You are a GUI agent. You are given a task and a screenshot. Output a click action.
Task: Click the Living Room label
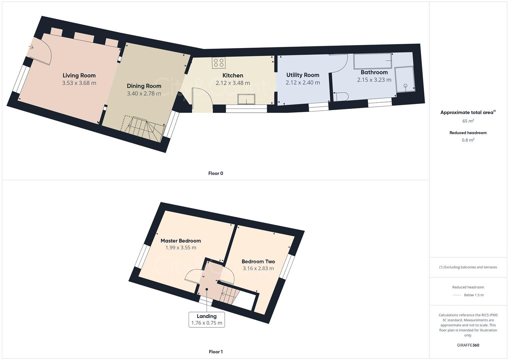79,76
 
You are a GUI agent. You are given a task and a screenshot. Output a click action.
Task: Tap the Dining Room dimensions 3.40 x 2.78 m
144,94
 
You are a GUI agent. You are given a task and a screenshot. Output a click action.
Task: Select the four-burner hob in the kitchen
218,63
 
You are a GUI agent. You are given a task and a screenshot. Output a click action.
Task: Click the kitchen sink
246,99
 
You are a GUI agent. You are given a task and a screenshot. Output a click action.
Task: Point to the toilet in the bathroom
341,97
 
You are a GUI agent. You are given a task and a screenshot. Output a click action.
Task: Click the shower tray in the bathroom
405,79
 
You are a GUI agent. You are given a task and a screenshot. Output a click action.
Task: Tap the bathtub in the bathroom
372,61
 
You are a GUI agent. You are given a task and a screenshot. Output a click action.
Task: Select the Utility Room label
303,75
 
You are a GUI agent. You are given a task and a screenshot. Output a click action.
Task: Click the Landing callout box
207,320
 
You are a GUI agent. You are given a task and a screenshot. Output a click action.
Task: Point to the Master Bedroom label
181,241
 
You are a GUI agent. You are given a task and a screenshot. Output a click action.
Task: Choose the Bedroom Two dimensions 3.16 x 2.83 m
258,268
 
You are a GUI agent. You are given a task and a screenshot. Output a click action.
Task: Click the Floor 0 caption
216,173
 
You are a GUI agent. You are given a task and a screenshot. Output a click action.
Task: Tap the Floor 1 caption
216,352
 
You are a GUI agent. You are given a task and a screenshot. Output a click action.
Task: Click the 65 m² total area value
468,121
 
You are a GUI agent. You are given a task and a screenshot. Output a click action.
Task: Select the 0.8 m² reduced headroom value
468,140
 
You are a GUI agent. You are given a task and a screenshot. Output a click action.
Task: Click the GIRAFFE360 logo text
468,345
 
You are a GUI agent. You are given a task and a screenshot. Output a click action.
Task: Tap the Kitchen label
233,76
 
